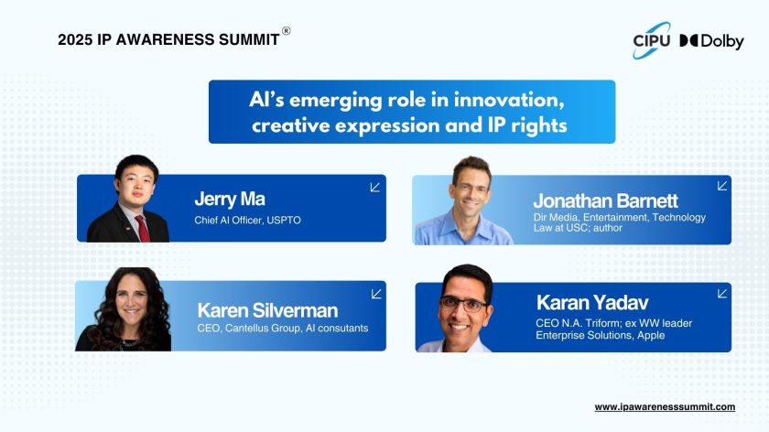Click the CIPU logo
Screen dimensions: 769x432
[x=652, y=40]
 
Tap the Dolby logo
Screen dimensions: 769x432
[x=711, y=41]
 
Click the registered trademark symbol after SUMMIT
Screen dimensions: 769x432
[x=286, y=31]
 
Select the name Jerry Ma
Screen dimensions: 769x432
[x=230, y=200]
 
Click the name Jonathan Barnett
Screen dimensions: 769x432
[x=605, y=200]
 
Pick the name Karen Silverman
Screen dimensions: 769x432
[x=267, y=310]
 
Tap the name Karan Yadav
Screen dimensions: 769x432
[x=592, y=303]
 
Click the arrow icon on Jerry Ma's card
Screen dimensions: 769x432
[x=375, y=188]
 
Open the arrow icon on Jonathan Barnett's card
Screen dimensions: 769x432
[x=722, y=186]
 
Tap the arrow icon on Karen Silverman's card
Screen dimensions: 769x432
[x=376, y=294]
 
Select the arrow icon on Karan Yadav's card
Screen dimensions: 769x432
[x=722, y=293]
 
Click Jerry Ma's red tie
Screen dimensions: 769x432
[x=143, y=228]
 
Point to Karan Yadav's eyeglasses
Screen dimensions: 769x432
[x=464, y=305]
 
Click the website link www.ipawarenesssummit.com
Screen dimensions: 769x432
[x=665, y=407]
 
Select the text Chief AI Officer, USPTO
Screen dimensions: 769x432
[x=248, y=221]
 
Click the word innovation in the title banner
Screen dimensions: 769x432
[x=509, y=100]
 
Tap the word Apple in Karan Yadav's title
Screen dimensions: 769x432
[x=651, y=335]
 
